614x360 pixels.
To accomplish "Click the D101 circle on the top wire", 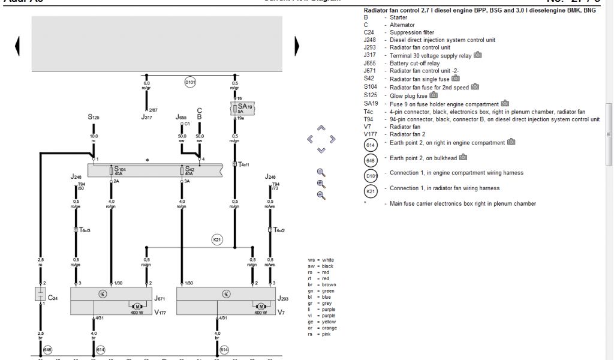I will tap(190, 81).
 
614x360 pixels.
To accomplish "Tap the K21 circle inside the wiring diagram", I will tap(217, 240).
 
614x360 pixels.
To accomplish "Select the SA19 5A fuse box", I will tap(242, 108).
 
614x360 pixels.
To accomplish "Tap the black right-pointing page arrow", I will tap(296, 46).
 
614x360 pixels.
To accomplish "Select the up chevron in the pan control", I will tap(321, 128).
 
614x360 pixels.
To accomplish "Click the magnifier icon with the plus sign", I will tap(321, 184).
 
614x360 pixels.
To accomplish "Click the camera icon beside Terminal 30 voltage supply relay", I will tap(478, 55).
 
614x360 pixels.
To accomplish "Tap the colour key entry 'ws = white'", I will tap(322, 260).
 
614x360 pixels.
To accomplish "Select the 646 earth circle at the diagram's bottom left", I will tap(47, 349).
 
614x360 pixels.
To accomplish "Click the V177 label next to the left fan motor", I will tap(159, 312).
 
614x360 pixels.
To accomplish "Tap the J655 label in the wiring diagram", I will tap(182, 117).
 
